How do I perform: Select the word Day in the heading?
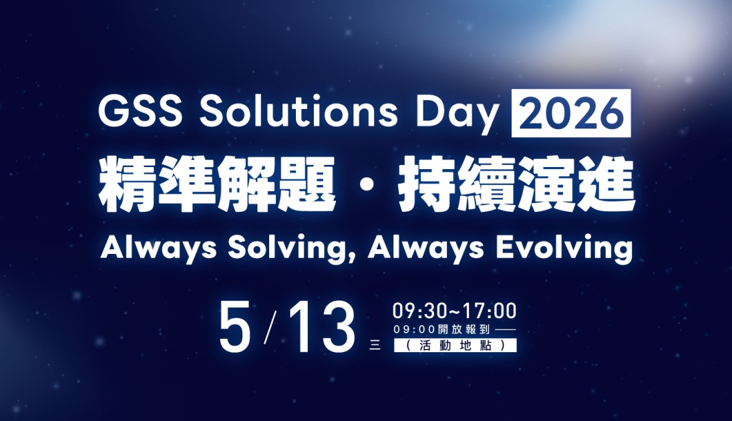[457, 116]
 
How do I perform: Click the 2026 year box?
[571, 113]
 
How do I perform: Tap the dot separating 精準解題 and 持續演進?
[367, 184]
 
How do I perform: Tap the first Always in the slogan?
[158, 248]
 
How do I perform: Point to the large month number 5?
[235, 327]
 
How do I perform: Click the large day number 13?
[323, 327]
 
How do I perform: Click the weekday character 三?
[375, 345]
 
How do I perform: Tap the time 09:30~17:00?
[454, 311]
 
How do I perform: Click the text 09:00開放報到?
[441, 329]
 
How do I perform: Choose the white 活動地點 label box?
[455, 345]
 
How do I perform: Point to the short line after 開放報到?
[505, 330]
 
